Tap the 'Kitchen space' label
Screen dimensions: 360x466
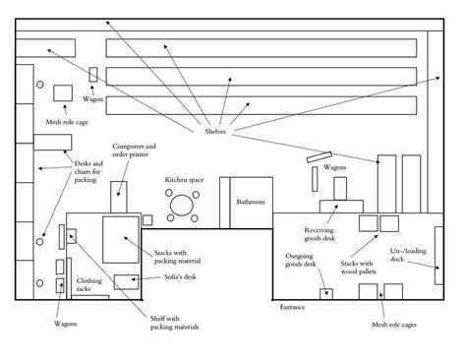pyautogui.click(x=184, y=181)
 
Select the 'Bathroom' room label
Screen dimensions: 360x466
pyautogui.click(x=251, y=203)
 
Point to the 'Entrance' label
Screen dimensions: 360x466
pyautogui.click(x=292, y=307)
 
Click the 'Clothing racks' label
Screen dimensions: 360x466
pyautogui.click(x=89, y=285)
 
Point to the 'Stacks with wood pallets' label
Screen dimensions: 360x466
pyautogui.click(x=356, y=268)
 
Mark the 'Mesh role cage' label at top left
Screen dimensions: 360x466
pyautogui.click(x=67, y=123)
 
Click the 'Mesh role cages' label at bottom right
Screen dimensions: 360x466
pyautogui.click(x=393, y=323)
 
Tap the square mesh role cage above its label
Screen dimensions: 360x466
pyautogui.click(x=66, y=92)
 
